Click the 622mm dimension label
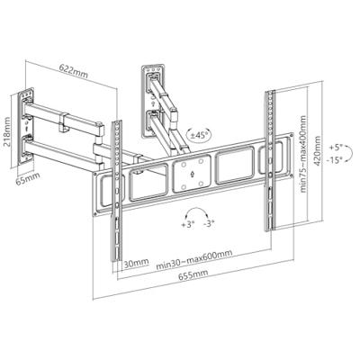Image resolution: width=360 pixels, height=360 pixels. (x=74, y=71)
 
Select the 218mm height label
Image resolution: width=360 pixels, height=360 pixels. (x=6, y=131)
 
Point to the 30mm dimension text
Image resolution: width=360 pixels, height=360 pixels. (x=136, y=264)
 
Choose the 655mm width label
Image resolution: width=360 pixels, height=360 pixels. (x=193, y=274)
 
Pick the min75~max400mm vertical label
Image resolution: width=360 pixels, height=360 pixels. (x=303, y=154)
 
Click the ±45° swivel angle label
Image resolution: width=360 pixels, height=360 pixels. (x=198, y=135)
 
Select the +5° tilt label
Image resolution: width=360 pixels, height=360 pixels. (x=336, y=148)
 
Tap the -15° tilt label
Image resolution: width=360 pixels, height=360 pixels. (x=335, y=160)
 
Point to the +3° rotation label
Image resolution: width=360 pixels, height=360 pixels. (x=188, y=224)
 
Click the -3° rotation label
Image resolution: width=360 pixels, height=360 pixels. (x=209, y=224)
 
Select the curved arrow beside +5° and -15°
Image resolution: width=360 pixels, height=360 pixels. (x=349, y=154)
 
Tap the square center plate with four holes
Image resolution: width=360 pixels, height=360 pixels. (x=193, y=175)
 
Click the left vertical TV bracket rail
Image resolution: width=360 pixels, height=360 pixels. (x=117, y=192)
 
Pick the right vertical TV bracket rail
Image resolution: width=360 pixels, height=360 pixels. (x=270, y=160)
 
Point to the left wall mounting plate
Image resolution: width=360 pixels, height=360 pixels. (x=26, y=127)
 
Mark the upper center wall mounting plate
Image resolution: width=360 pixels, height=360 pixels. (x=154, y=100)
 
